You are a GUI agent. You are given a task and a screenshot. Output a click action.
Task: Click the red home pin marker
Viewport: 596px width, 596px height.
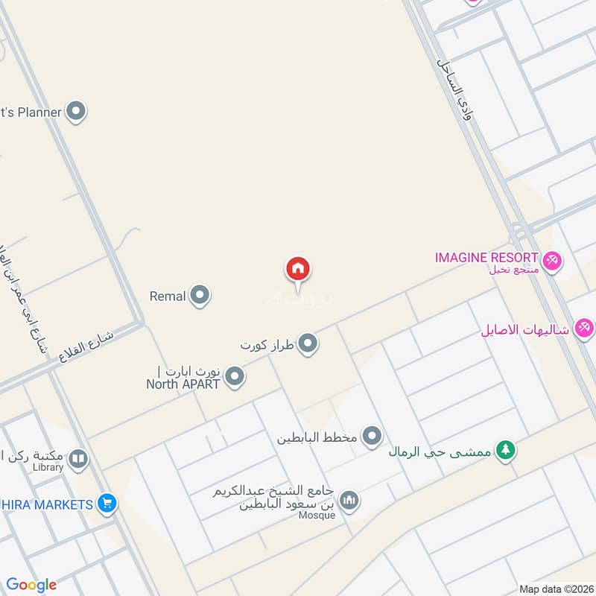point(298,270)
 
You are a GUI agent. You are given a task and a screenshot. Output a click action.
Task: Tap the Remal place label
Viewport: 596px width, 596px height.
point(168,297)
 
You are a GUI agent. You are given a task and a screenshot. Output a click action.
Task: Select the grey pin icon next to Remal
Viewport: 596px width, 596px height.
point(199,297)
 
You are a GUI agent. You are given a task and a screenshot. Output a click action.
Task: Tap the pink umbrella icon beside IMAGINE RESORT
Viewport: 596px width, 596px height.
point(552,261)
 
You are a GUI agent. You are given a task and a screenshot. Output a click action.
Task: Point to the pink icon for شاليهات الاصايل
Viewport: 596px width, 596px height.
point(584,328)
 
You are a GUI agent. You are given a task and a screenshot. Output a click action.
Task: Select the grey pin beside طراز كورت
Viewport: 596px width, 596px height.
point(308,344)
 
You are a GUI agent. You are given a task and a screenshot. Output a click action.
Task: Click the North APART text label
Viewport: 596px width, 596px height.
point(183,384)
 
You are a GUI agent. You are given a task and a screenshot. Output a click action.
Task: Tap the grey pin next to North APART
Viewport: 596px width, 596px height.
point(235,377)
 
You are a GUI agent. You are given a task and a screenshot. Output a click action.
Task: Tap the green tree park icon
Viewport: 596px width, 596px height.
point(506,451)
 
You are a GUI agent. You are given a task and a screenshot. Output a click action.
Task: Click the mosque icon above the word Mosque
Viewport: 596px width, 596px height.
point(349,501)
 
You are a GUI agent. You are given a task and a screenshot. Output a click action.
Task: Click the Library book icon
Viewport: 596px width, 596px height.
point(78,460)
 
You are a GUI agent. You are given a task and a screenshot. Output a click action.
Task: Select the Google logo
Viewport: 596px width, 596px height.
point(31,586)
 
